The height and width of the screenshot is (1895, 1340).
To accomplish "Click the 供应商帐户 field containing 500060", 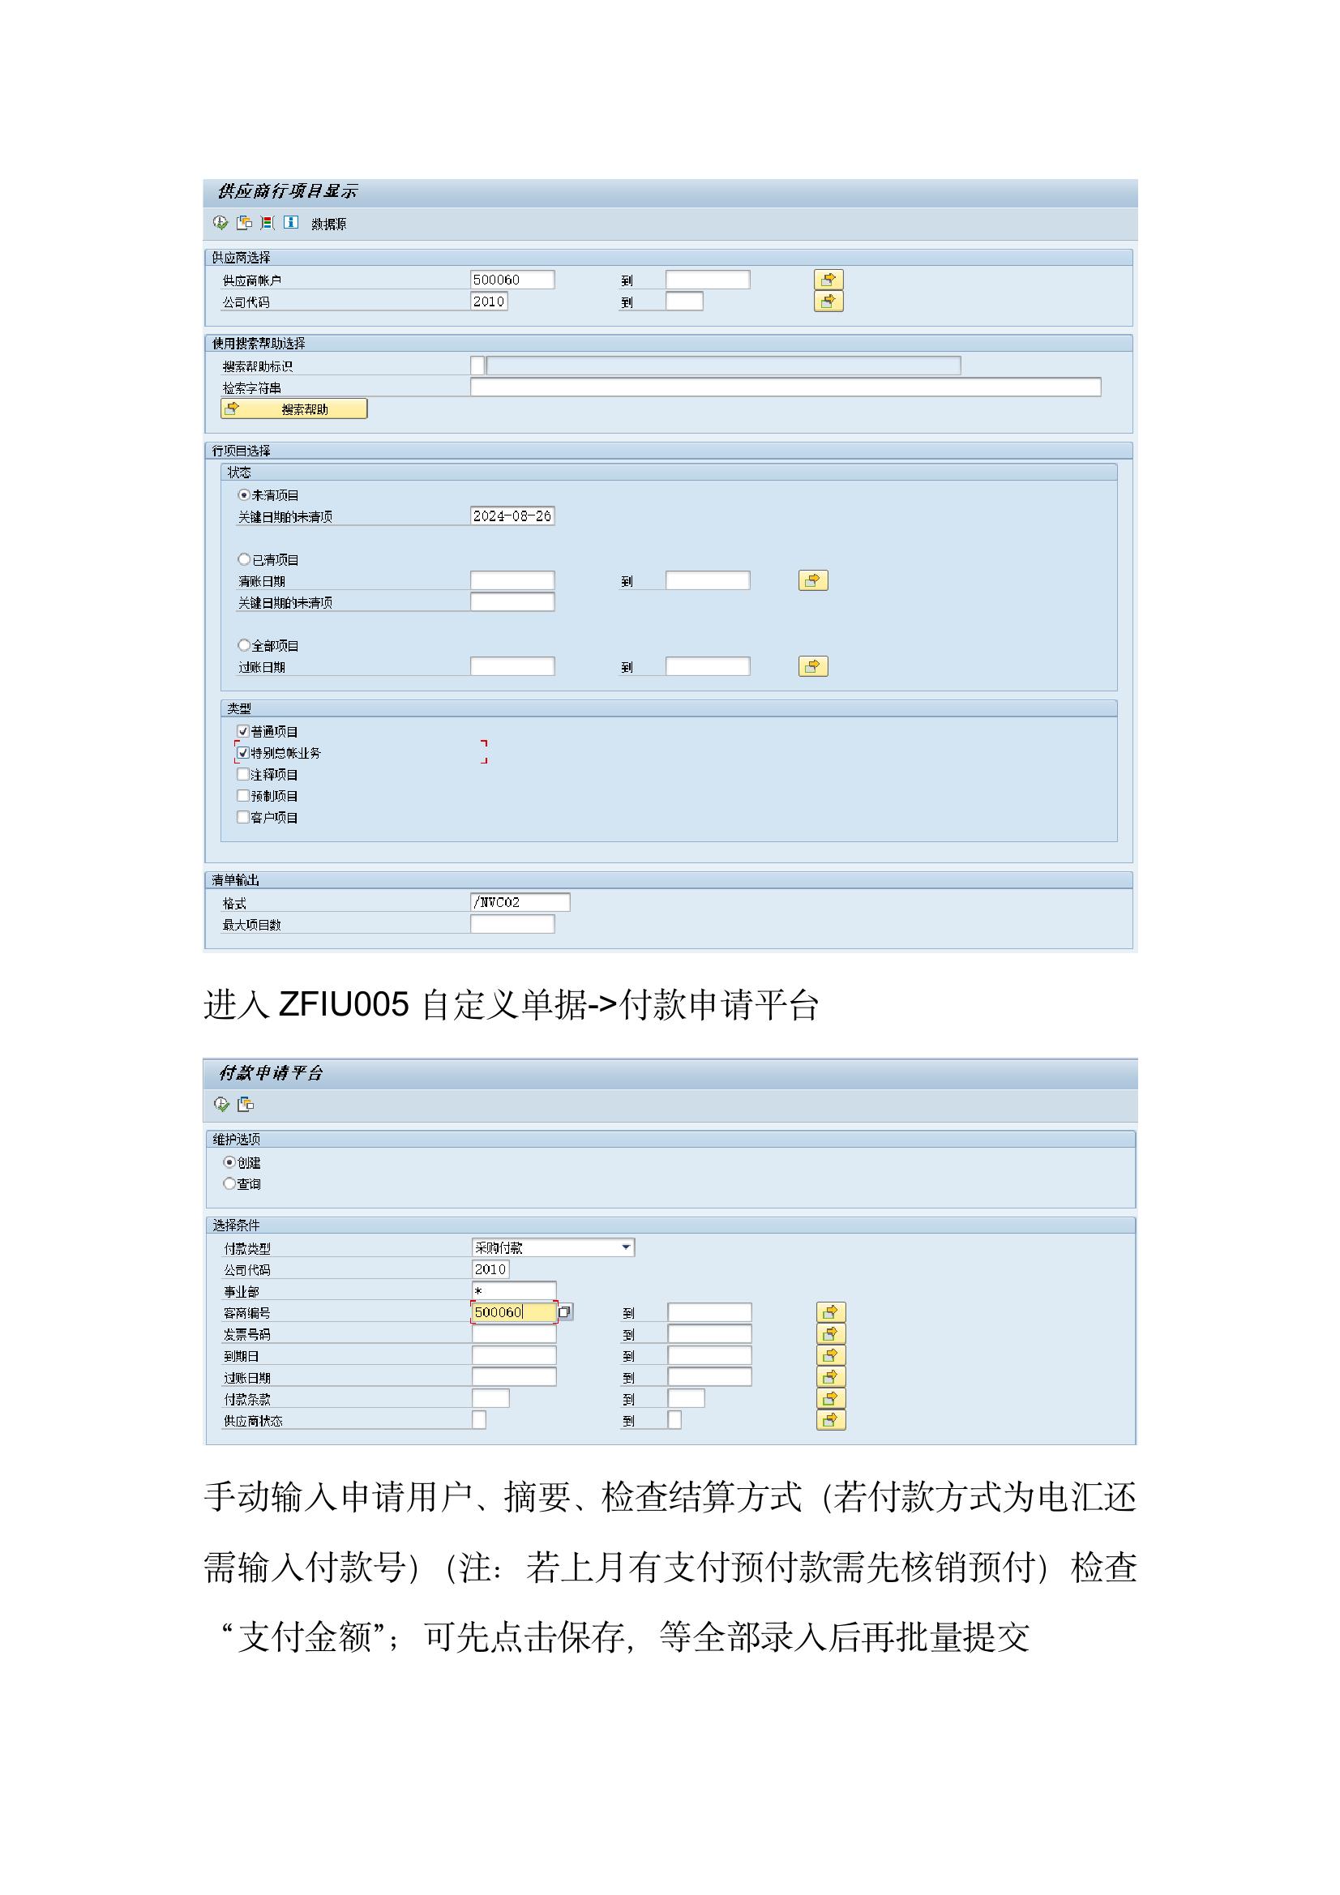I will tap(511, 280).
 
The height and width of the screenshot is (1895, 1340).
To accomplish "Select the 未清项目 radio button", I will tap(243, 494).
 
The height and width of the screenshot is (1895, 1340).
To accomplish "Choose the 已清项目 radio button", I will tap(243, 558).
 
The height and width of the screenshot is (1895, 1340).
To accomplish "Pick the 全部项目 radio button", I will tap(243, 644).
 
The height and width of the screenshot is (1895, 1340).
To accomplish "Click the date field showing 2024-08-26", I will tap(511, 515).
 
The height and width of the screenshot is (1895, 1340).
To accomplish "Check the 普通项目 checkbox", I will tap(242, 730).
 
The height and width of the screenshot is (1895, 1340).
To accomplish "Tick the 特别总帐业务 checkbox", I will tap(242, 752).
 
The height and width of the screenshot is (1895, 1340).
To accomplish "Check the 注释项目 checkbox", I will tap(242, 774).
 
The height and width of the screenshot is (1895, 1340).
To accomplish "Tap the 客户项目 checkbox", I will tap(242, 817).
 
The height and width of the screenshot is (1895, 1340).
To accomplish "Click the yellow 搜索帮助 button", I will tap(294, 409).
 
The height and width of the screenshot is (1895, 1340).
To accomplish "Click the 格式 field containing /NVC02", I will tap(520, 902).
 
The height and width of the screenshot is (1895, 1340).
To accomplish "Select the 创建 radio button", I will tap(229, 1162).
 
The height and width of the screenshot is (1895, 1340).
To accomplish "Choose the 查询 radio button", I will tap(229, 1183).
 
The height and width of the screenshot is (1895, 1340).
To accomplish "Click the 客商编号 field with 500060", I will tap(512, 1311).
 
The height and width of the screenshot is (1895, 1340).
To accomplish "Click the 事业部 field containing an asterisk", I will tap(512, 1290).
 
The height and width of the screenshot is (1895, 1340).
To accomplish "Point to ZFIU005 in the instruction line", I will tap(344, 1005).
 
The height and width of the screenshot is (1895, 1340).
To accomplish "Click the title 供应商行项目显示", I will tap(287, 191).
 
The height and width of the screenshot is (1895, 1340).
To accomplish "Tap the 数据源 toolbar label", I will tap(328, 224).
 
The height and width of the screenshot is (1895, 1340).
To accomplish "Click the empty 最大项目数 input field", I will tap(511, 924).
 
